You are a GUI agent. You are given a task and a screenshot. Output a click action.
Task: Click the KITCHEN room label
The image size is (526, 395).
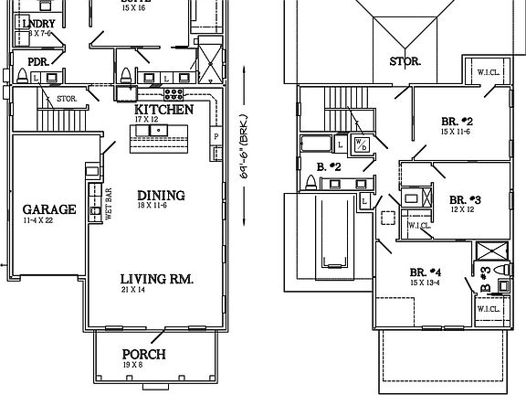tap(163, 109)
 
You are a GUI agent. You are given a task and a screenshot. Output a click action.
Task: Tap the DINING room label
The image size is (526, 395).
tap(161, 195)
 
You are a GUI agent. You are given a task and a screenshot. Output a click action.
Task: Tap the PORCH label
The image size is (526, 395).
tap(145, 354)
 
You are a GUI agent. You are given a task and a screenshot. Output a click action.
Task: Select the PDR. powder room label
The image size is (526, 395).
tap(38, 62)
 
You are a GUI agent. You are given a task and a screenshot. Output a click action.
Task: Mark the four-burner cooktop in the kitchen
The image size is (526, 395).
tap(174, 93)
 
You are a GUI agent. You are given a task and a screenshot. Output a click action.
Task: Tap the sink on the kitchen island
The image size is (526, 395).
tap(159, 131)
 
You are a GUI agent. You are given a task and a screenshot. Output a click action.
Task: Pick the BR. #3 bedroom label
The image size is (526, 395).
tap(465, 198)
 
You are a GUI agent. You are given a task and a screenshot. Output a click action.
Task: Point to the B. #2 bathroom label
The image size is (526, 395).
tap(328, 166)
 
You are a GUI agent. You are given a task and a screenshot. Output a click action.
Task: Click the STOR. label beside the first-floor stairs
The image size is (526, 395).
tap(66, 98)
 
